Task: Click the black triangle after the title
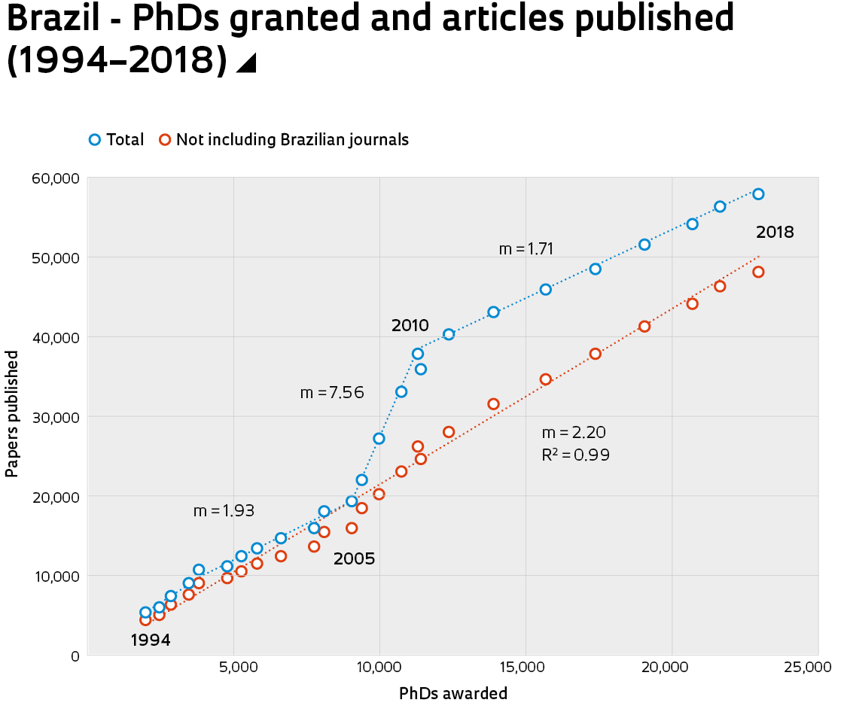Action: tap(246, 64)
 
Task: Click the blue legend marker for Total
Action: tap(94, 139)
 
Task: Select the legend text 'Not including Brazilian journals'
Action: tap(292, 140)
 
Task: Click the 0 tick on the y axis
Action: tap(74, 656)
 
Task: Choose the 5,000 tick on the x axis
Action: tap(233, 668)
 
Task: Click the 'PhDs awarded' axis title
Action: tap(453, 693)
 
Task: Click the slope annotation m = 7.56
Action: tap(332, 393)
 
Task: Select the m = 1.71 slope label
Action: tap(526, 249)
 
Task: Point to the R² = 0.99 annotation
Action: tap(575, 455)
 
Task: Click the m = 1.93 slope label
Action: tap(224, 510)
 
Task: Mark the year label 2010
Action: tap(410, 326)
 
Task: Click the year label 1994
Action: tap(151, 640)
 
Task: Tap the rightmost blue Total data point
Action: tap(758, 194)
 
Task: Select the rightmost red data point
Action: tap(758, 272)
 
